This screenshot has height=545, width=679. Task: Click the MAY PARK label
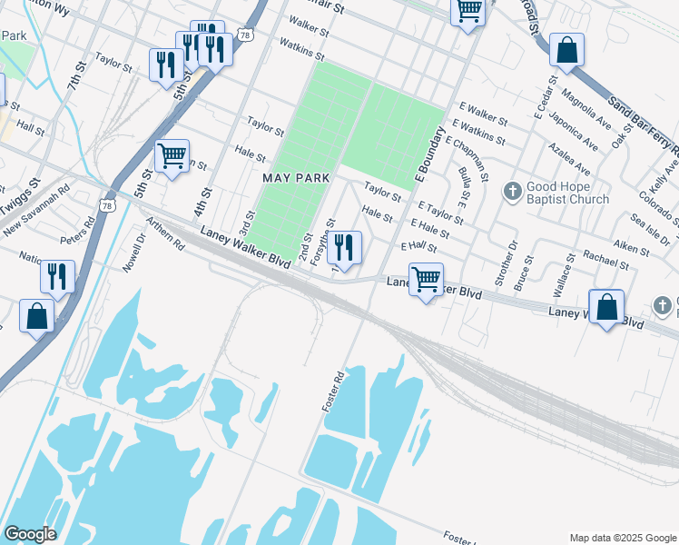point(295,178)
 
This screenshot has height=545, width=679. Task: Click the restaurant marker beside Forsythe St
point(344,246)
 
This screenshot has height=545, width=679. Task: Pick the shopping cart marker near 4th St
point(172,155)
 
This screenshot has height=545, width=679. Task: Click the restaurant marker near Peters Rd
point(58,275)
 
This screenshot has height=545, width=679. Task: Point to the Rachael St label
point(605,260)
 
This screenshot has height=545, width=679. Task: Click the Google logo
point(29,534)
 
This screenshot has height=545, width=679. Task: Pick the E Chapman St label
point(467,154)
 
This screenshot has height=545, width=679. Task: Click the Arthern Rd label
point(164,238)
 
